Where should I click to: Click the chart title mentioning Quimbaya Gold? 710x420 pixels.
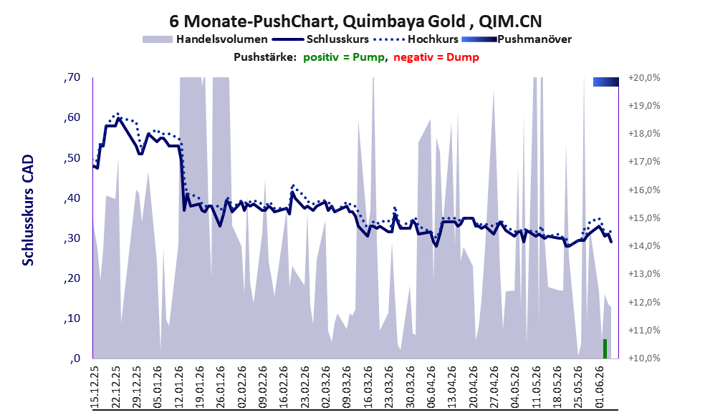click(355, 21)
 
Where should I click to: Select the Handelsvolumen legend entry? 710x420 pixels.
click(205, 39)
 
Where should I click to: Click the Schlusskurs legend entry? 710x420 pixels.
click(320, 39)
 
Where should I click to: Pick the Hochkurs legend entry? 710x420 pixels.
click(416, 39)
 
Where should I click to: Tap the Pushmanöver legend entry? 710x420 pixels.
click(517, 39)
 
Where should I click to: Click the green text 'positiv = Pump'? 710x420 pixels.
click(344, 57)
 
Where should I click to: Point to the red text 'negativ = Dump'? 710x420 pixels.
click(436, 57)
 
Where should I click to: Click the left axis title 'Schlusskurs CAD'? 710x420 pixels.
click(28, 210)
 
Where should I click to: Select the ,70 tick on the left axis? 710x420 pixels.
click(72, 77)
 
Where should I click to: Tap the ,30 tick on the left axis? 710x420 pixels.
click(72, 238)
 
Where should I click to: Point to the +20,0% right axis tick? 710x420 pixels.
click(644, 78)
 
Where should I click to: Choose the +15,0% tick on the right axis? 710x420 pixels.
click(644, 218)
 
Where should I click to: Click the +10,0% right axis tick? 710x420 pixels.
click(644, 358)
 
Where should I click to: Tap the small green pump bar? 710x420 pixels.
click(605, 348)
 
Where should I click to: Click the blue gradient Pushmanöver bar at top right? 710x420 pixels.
click(606, 82)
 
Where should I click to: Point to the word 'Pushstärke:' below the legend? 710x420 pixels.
click(265, 57)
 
